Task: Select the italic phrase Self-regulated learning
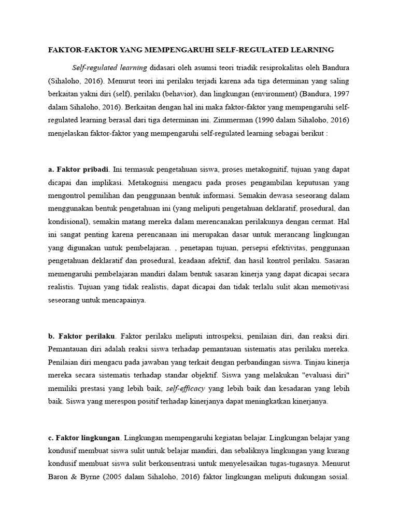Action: (109, 67)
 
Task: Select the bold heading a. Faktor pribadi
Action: (78, 169)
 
